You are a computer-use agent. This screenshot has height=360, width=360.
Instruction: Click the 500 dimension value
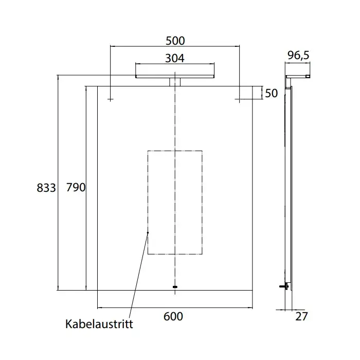coord(175,41)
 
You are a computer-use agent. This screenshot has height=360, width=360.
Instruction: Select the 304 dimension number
coord(175,58)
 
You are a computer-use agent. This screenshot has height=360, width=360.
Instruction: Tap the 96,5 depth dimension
coord(298,56)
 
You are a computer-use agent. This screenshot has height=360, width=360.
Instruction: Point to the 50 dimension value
coord(271,93)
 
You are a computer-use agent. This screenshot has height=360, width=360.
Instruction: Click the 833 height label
coord(46,188)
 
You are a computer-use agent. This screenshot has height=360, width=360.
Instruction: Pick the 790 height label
coord(76,187)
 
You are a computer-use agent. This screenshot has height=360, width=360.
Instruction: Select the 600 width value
coord(173,316)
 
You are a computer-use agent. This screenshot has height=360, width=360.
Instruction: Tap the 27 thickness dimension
coord(301,317)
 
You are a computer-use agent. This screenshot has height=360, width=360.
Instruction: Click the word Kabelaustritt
coord(99,324)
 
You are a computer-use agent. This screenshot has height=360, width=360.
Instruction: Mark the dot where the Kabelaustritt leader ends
coord(148,232)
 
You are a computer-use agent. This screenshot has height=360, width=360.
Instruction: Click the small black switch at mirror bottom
coord(175,287)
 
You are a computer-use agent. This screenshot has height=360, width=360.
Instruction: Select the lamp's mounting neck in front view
coord(175,82)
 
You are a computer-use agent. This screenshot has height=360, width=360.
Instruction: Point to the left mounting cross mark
coord(111,99)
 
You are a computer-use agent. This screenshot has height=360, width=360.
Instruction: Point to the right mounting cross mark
coord(239,99)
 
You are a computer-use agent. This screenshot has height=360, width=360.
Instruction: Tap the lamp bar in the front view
coord(175,77)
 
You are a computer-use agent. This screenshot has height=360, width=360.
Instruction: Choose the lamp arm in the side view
coord(298,77)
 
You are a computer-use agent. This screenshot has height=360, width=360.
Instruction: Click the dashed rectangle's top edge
coord(175,151)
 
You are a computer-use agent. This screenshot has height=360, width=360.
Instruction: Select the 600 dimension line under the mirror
coord(175,308)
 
